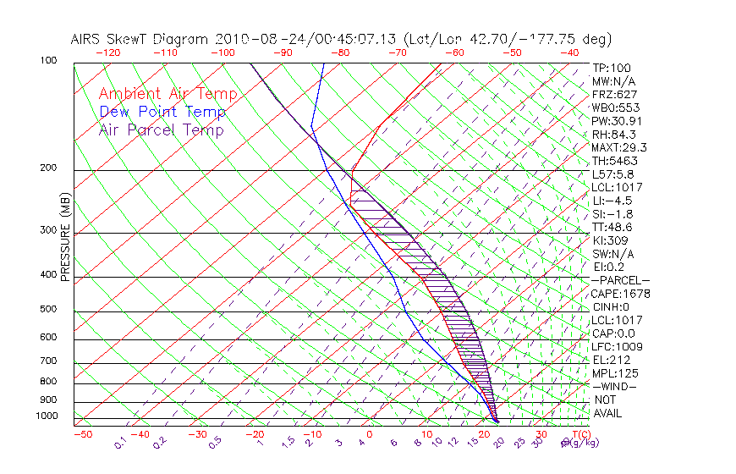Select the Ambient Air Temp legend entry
tap(168, 94)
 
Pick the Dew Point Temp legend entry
tap(162, 112)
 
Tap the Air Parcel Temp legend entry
tap(161, 130)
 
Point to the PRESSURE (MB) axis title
tap(65, 236)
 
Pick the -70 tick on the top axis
tap(396, 52)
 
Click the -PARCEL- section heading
tap(620, 280)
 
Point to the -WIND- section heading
tap(614, 386)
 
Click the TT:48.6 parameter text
tap(613, 227)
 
